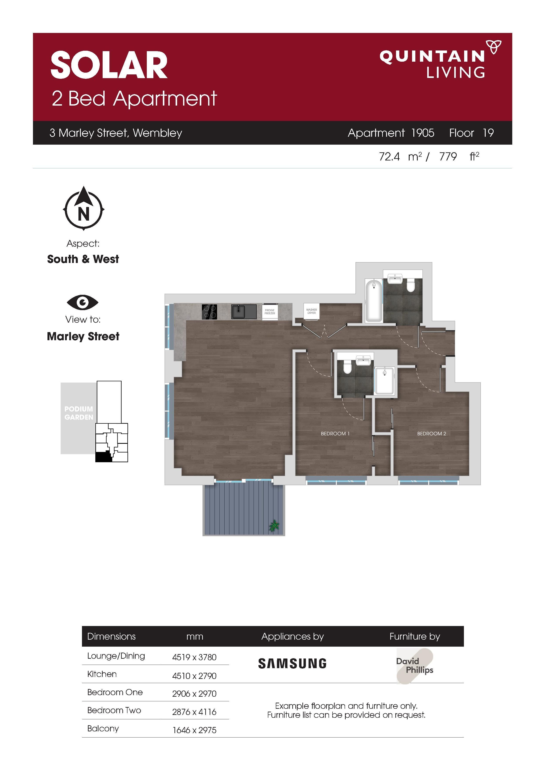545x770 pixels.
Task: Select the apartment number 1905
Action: click(422, 133)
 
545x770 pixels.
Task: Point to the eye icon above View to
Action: click(83, 302)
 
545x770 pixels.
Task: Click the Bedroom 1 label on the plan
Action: click(335, 434)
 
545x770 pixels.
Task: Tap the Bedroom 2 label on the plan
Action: click(432, 434)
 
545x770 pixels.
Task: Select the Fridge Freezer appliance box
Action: click(270, 312)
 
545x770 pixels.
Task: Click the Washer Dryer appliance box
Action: click(311, 311)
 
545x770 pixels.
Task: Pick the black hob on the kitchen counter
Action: click(209, 311)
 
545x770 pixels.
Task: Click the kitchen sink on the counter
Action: click(244, 311)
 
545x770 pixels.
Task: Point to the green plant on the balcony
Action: click(274, 525)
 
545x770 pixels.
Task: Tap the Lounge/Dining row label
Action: click(116, 656)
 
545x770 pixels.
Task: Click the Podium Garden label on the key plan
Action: click(79, 413)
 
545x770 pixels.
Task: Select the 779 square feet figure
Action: click(448, 157)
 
